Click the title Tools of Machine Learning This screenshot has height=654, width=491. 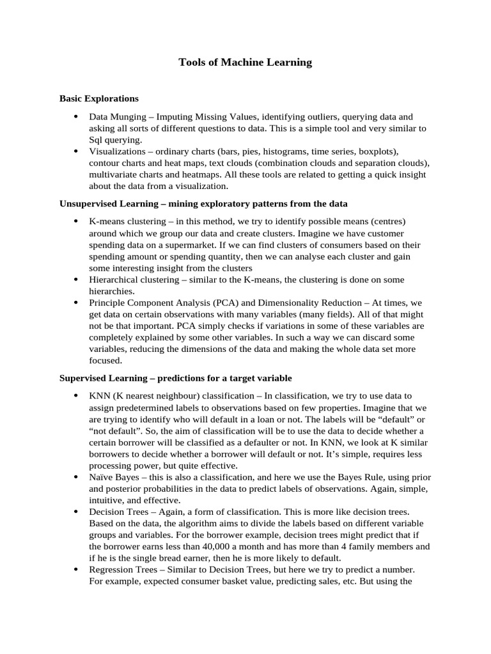pyautogui.click(x=245, y=62)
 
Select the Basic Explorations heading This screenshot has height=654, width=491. pyautogui.click(x=98, y=98)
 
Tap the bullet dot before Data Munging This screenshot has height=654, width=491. pyautogui.click(x=76, y=117)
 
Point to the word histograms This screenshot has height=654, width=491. pyautogui.click(x=290, y=151)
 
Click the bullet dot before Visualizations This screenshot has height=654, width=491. pyautogui.click(x=76, y=151)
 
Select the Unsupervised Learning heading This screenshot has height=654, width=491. pyautogui.click(x=203, y=203)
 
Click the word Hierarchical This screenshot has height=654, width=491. pyautogui.click(x=115, y=279)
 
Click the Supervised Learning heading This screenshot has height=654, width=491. pyautogui.click(x=176, y=378)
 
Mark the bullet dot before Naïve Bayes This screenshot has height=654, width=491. pyautogui.click(x=76, y=476)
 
